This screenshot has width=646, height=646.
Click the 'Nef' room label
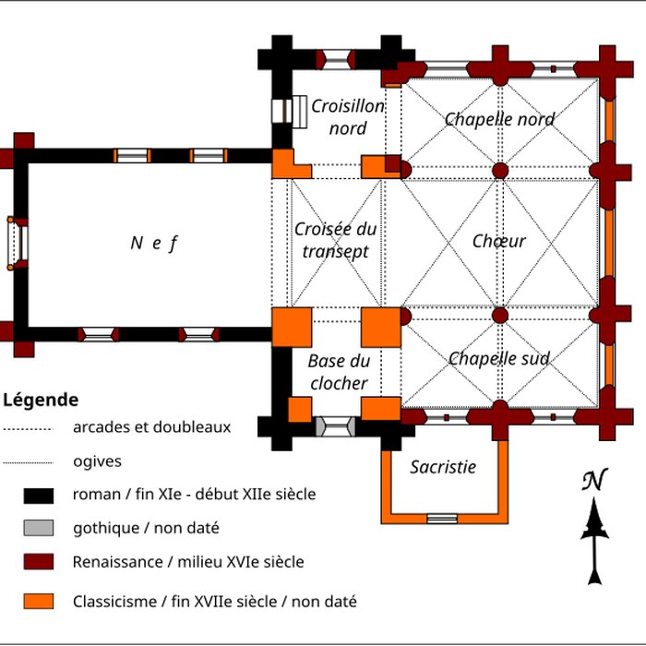[x=153, y=243]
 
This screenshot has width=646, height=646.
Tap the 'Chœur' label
[x=498, y=241]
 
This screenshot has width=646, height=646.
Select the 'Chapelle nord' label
[x=499, y=119]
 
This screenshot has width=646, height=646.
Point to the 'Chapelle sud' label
[x=499, y=358]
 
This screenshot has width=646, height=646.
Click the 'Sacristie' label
[x=443, y=467]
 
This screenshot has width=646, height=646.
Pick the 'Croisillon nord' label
[x=347, y=117]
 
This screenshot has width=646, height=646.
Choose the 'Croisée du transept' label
[x=335, y=240]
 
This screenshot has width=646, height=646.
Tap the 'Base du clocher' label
[x=339, y=372]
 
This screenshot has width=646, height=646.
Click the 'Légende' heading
[x=41, y=401]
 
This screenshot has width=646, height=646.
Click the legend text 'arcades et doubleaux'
[x=151, y=427]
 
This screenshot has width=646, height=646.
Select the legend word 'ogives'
[x=97, y=461]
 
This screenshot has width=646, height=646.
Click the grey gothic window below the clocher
[x=334, y=426]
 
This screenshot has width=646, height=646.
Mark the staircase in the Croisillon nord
[x=297, y=110]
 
